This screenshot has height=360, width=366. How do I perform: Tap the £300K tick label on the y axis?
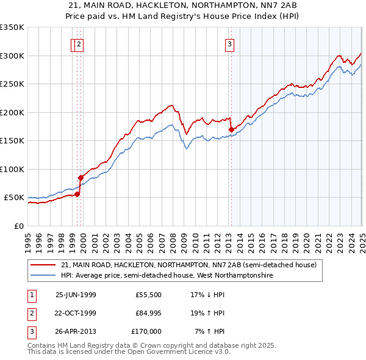pos(12,56)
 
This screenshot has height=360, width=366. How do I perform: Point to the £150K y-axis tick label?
pos(12,140)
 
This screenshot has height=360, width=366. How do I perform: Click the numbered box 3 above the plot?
pos(230,43)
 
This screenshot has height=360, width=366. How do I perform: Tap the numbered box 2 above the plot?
pos(80,43)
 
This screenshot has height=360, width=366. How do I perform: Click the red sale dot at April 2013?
pos(232,129)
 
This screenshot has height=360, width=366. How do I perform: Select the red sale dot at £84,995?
pos(81,178)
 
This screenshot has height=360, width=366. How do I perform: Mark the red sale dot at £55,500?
pos(77,194)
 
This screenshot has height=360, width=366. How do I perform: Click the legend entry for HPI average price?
pos(167,276)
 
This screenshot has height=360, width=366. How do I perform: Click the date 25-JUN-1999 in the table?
pos(76,295)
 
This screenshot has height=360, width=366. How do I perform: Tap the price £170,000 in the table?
pos(146,331)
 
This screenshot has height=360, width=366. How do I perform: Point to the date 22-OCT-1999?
pos(76,313)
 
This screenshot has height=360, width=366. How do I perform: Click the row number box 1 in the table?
pos(30,295)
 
